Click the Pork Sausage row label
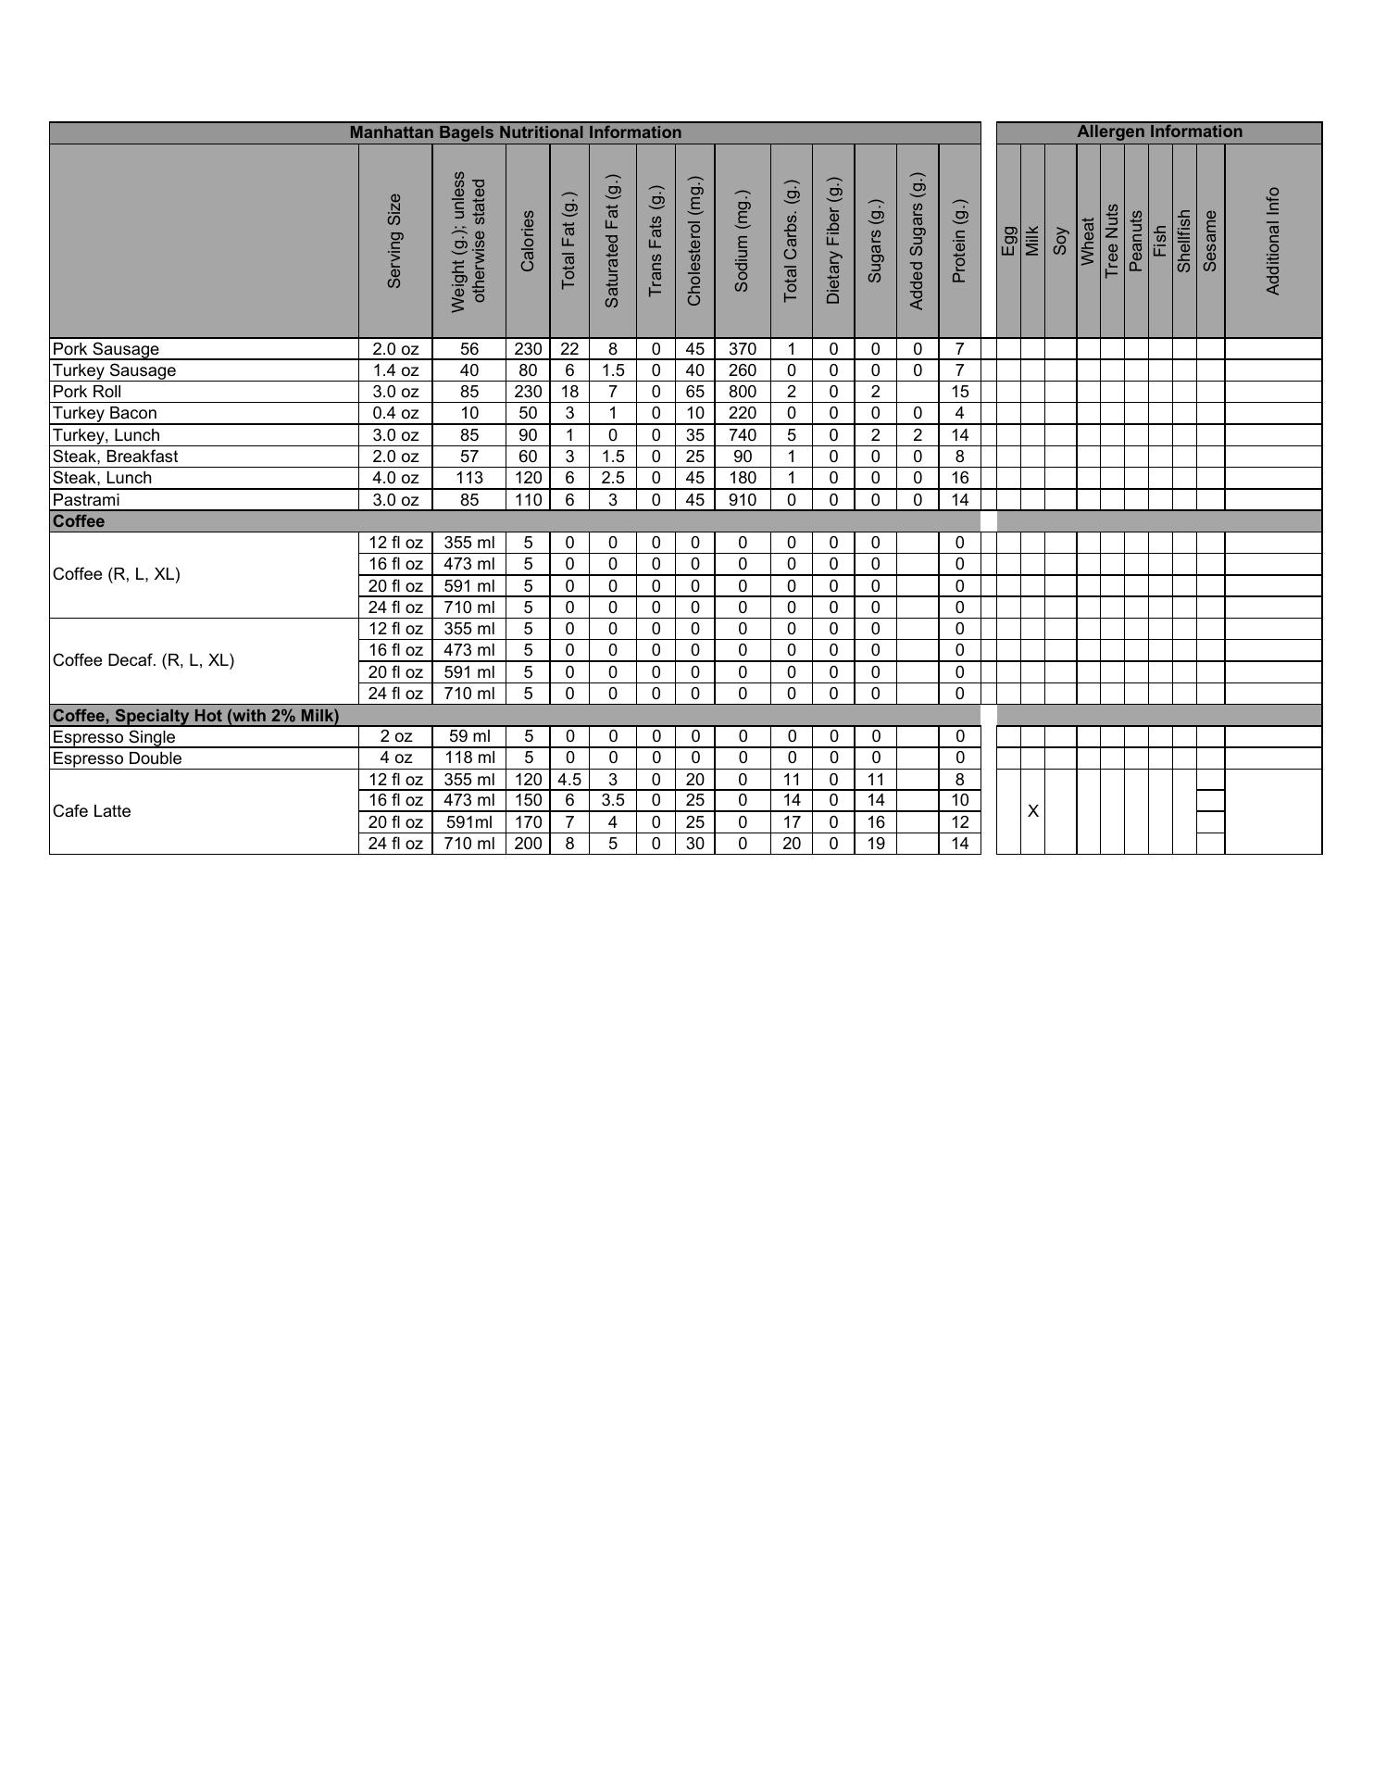(106, 349)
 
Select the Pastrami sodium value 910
(743, 500)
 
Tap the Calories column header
(528, 241)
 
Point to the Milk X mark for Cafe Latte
(1033, 811)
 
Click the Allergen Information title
(1159, 131)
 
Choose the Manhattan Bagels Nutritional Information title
(515, 132)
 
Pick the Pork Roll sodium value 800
(743, 392)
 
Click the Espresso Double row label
(117, 758)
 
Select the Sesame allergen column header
(1210, 241)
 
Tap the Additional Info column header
(1273, 241)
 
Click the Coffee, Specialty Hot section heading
(195, 716)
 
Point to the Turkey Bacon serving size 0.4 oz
(395, 413)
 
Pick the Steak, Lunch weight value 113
(469, 478)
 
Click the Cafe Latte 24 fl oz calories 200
(528, 844)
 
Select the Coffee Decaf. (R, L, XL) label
(144, 660)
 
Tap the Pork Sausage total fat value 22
(569, 349)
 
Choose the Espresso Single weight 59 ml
(469, 736)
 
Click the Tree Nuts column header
(1112, 241)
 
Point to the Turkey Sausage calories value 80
(528, 370)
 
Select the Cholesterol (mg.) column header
(694, 241)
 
